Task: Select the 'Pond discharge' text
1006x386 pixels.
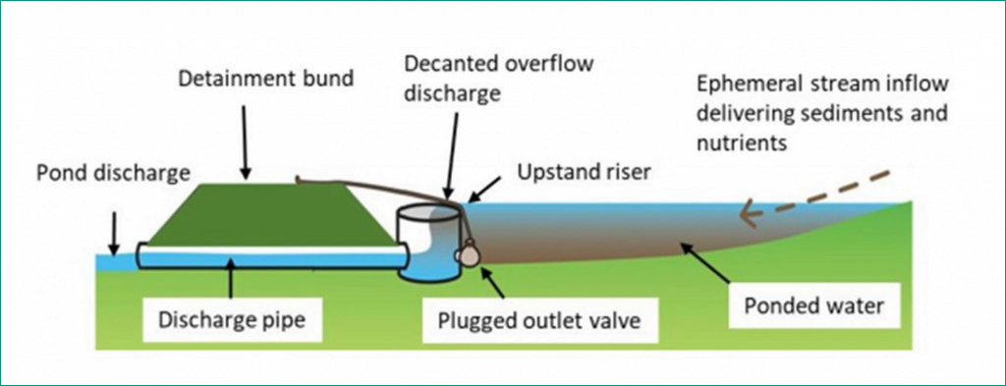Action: (113, 174)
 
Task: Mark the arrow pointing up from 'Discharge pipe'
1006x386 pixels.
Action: (231, 281)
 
